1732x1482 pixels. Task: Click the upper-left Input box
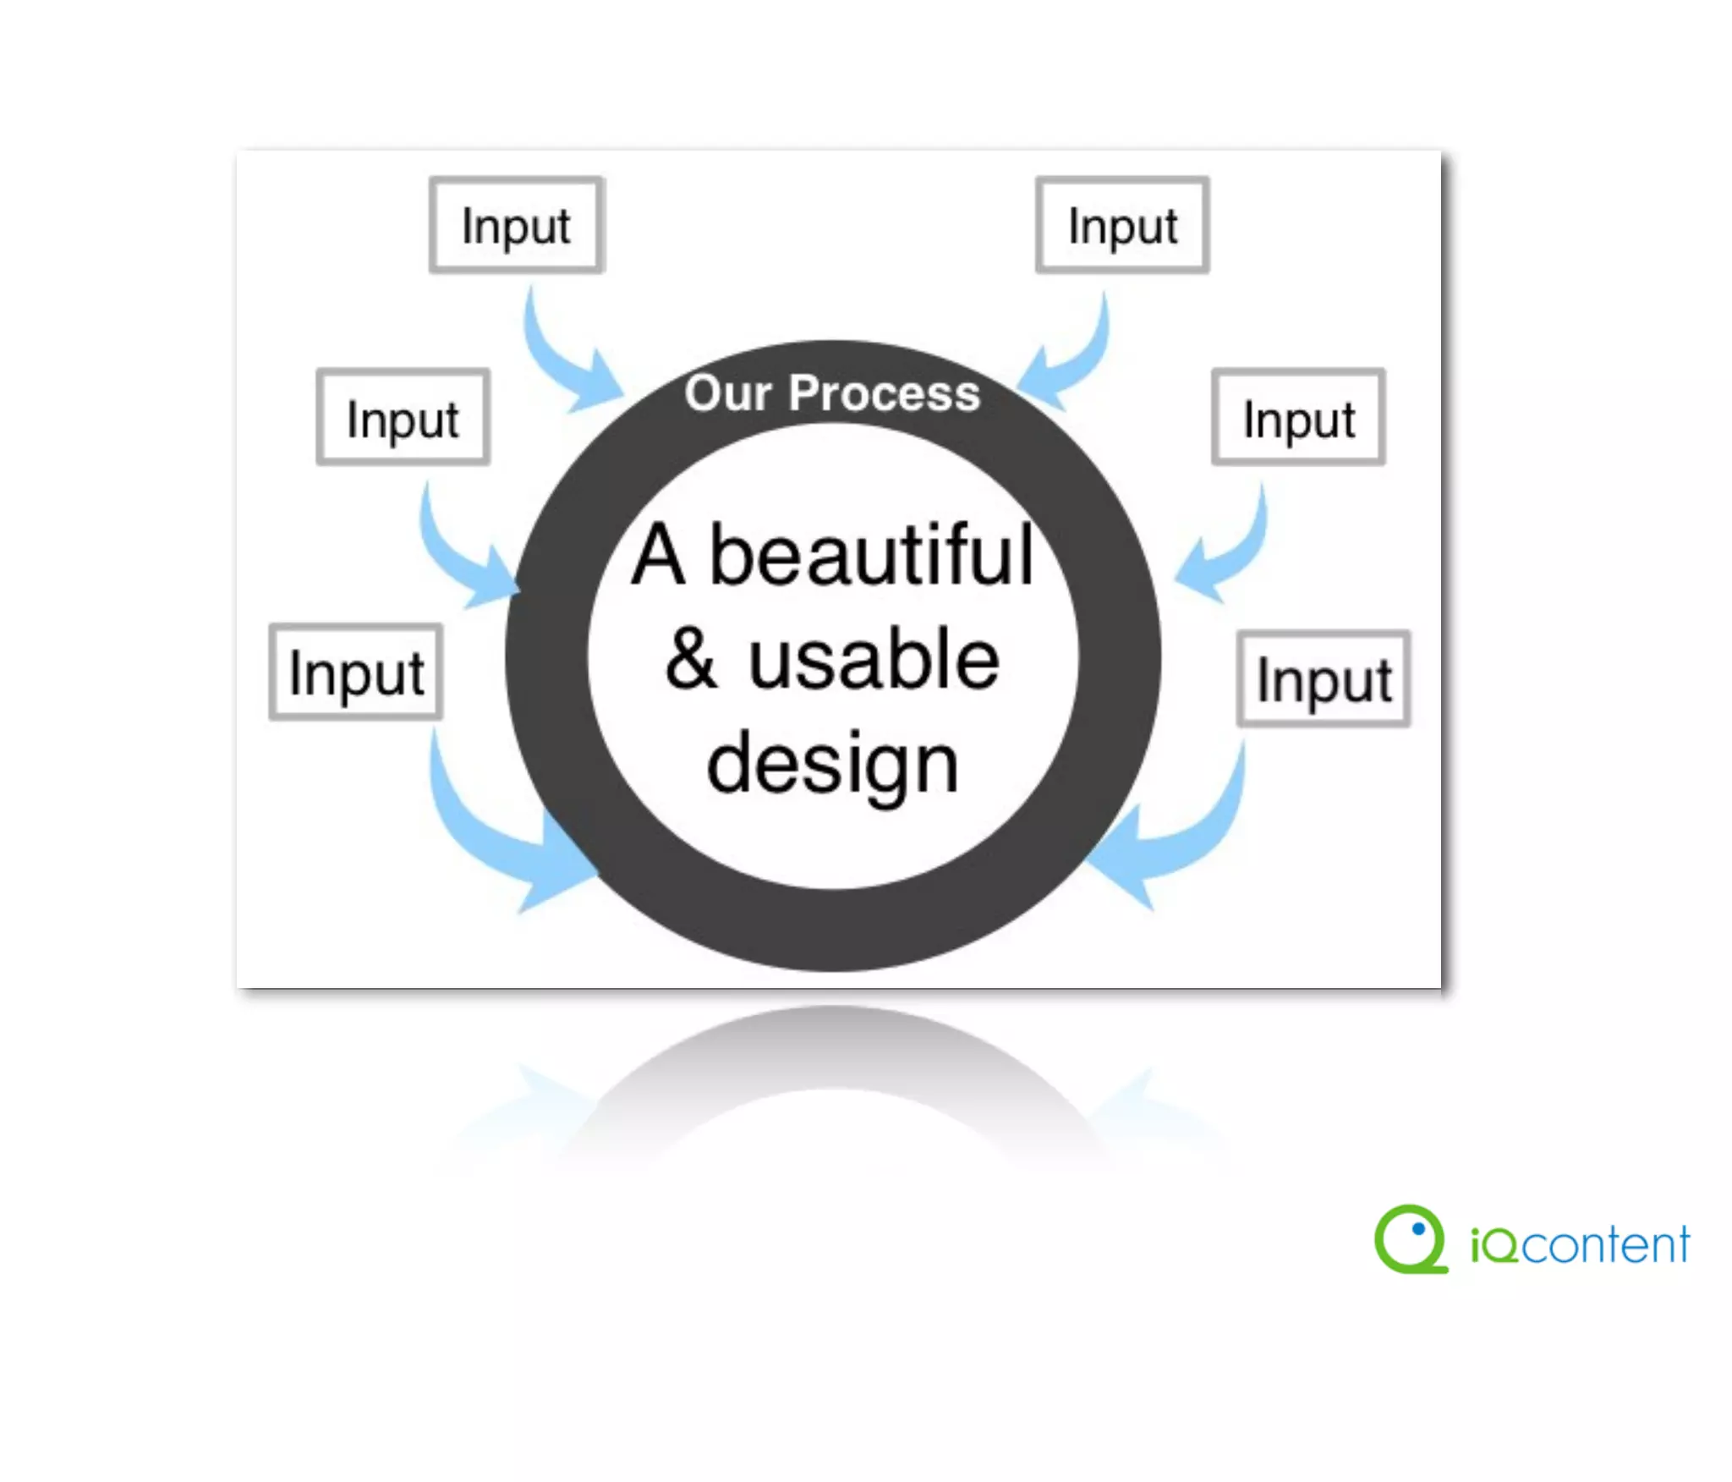point(516,225)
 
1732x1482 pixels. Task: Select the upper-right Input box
point(1122,225)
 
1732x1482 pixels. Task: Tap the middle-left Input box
point(403,417)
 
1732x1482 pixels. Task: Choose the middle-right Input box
point(1298,417)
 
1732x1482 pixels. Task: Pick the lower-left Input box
point(356,672)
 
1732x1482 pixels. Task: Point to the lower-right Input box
point(1324,678)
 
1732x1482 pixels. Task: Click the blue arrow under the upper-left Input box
point(562,360)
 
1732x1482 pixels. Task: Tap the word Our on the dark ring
point(728,394)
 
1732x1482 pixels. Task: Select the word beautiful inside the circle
point(871,556)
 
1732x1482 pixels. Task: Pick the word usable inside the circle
point(874,660)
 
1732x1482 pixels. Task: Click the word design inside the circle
point(833,764)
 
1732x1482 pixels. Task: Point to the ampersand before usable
point(691,660)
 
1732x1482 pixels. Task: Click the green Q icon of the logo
point(1411,1239)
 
